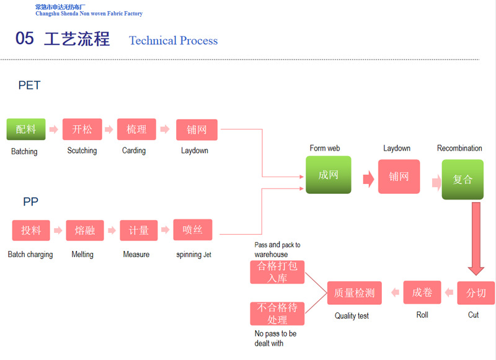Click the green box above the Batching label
click(x=26, y=129)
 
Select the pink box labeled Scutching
click(x=82, y=129)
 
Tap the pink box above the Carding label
click(x=136, y=129)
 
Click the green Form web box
click(x=329, y=175)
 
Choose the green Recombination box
click(x=463, y=179)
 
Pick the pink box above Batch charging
click(x=31, y=230)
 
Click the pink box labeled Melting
click(x=85, y=230)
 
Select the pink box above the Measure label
click(x=138, y=230)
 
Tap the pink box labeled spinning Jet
click(x=193, y=229)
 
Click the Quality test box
click(x=354, y=292)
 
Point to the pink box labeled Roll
click(x=422, y=292)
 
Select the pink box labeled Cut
click(x=476, y=292)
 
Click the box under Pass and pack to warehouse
click(x=277, y=272)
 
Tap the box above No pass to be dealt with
click(x=277, y=314)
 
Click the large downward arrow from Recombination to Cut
click(x=476, y=239)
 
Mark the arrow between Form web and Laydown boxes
click(x=368, y=179)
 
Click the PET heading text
click(x=29, y=86)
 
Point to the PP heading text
click(x=30, y=201)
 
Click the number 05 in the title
click(x=25, y=38)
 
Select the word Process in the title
click(x=199, y=40)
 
